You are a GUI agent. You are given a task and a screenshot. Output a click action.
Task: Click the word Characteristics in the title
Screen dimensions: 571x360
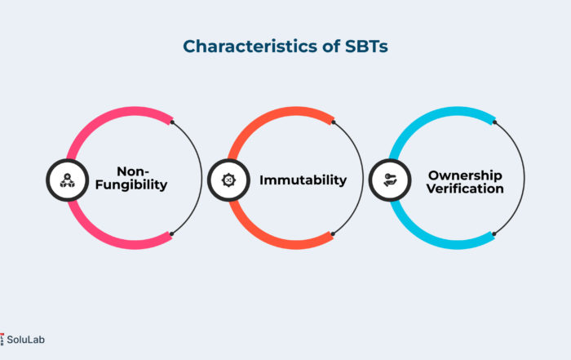coord(250,47)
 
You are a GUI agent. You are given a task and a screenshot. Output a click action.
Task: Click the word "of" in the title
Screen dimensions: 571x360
coord(331,47)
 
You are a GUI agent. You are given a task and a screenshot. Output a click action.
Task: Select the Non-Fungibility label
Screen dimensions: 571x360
coord(131,178)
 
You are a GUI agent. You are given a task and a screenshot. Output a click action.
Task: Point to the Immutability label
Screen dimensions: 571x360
coord(303,180)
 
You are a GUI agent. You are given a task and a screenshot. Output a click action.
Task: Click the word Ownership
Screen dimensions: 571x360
coord(465,176)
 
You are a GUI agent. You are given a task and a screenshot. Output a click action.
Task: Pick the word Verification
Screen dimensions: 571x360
coord(465,189)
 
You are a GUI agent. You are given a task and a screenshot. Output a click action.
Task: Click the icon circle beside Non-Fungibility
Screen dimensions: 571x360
coord(68,180)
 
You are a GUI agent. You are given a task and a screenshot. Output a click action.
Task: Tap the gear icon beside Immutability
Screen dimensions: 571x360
coord(228,180)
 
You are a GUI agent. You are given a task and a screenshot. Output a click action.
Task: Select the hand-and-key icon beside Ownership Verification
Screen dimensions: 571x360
coord(390,180)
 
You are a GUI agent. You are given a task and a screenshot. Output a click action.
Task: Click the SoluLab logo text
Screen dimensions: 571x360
coord(25,340)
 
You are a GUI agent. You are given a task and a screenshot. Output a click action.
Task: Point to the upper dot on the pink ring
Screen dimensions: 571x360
coord(172,122)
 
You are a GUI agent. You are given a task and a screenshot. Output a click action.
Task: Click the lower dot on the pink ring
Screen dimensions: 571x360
coord(171,234)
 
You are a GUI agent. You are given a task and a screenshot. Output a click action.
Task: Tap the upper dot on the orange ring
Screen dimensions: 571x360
coord(334,122)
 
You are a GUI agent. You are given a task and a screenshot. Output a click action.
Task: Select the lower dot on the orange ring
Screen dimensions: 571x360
coord(333,234)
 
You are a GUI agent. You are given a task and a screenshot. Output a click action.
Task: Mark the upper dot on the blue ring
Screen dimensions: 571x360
coord(494,122)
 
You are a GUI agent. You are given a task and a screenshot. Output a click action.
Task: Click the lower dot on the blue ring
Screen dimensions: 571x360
coord(494,234)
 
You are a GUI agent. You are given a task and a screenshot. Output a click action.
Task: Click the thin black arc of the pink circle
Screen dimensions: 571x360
coord(201,178)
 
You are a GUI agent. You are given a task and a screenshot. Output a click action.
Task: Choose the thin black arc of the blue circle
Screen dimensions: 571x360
coord(524,178)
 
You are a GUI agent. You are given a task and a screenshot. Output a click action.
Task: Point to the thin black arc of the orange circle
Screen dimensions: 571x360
coord(363,178)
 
